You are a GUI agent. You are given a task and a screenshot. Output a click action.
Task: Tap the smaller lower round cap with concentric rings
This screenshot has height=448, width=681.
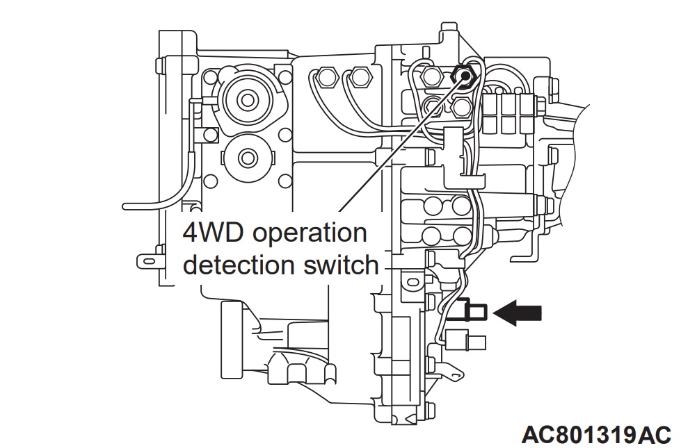[x=244, y=157]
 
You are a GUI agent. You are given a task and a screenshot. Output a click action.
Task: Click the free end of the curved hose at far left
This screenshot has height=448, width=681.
[x=125, y=206]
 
